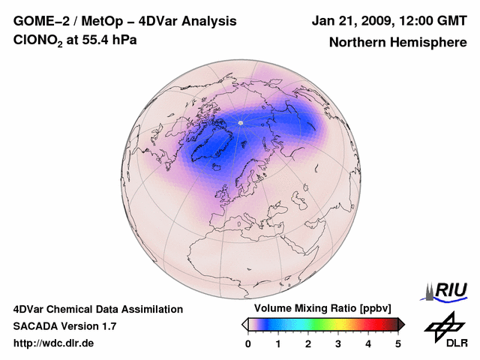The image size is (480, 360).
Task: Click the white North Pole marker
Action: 240,122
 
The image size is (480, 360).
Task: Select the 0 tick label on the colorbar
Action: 248,343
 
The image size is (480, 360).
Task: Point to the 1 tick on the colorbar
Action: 278,343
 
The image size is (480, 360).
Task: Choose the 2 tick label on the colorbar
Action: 308,343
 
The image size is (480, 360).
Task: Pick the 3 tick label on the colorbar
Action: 338,343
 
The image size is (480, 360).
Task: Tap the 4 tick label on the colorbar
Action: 368,343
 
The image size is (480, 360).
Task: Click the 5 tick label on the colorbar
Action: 398,343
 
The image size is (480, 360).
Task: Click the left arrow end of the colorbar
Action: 244,324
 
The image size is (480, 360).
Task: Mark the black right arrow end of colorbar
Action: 401,324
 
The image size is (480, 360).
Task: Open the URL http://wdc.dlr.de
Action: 54,343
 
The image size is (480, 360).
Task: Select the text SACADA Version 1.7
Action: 64,326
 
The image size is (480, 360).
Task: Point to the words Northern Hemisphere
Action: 397,43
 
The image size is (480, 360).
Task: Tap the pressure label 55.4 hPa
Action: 108,40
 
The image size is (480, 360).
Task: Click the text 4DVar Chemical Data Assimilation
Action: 98,309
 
